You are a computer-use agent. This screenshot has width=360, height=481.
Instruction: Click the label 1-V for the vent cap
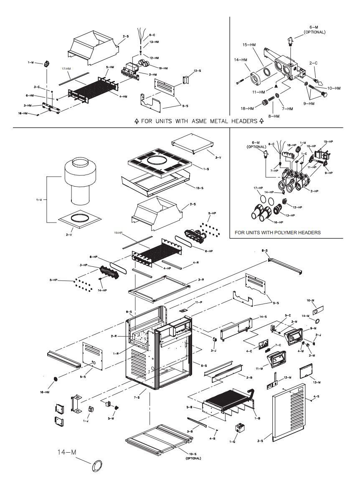click(x=38, y=200)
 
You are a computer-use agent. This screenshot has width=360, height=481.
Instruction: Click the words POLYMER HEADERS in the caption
click(x=299, y=233)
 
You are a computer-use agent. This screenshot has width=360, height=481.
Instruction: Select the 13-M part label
click(x=317, y=382)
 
